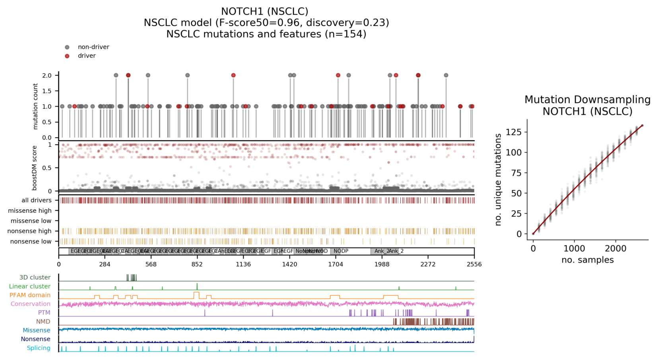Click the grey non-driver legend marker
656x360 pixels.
pos(67,47)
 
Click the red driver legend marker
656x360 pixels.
pos(67,56)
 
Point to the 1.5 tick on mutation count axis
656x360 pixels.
pos(47,91)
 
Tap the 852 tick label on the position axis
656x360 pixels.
pos(197,265)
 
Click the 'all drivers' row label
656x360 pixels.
pos(37,200)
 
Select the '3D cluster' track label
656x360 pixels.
pos(35,277)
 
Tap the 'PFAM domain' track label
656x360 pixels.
pos(30,295)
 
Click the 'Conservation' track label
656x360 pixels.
pos(31,304)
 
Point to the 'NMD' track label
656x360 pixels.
pos(43,321)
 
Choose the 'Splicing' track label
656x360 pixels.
pos(39,348)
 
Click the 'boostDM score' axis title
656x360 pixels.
pos(35,168)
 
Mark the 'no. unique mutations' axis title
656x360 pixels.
pos(498,180)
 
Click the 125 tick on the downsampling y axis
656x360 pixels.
pos(516,132)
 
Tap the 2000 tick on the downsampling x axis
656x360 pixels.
pos(615,249)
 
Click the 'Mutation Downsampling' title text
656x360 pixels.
pos(587,100)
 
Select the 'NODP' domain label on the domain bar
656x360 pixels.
pos(341,251)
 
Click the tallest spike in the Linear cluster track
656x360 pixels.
pos(197,286)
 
